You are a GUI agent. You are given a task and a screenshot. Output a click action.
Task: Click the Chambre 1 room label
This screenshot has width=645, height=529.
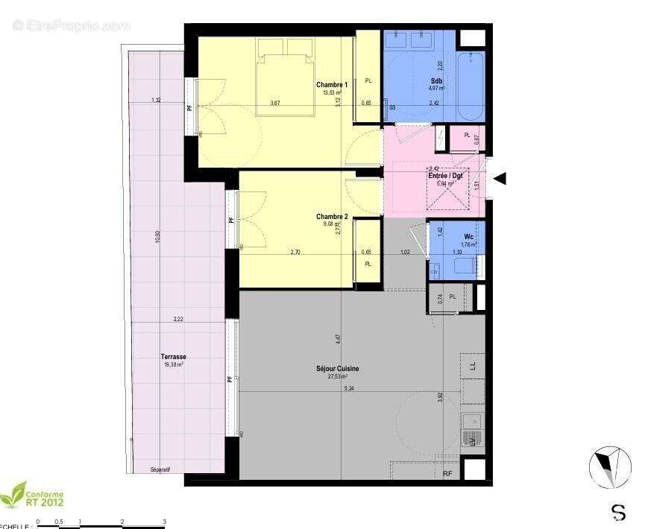click(332, 84)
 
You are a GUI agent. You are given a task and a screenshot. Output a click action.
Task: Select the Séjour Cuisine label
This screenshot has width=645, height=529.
click(339, 369)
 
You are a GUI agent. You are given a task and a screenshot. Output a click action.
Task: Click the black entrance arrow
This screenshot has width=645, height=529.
click(500, 178)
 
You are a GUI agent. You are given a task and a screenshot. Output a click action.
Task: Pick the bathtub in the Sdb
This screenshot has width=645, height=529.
click(471, 86)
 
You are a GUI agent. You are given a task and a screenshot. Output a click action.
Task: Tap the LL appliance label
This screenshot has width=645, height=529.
click(473, 365)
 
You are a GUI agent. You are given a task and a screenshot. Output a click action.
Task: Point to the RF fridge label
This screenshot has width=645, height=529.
click(447, 473)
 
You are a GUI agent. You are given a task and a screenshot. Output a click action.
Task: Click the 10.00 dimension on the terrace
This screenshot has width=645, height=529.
click(157, 237)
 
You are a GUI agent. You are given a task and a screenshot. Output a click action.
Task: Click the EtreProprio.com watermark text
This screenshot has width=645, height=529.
click(71, 25)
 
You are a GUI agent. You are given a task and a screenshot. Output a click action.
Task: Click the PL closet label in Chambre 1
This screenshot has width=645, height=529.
click(368, 81)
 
